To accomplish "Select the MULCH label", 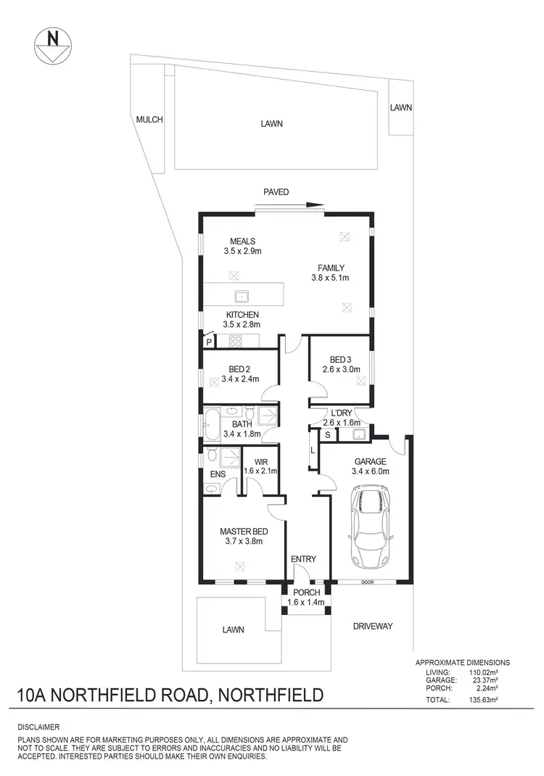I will [149, 120].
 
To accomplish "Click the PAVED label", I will [276, 192].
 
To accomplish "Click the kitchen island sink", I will [242, 296].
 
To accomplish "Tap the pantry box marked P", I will [209, 342].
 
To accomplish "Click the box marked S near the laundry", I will [328, 434].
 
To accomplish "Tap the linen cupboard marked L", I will [313, 450].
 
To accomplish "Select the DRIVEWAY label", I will [372, 626].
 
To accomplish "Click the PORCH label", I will [307, 593].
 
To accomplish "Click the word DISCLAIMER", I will [38, 727].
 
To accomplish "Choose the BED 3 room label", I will [340, 360].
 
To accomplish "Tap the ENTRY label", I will [302, 559].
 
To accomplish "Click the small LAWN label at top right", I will [400, 107].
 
